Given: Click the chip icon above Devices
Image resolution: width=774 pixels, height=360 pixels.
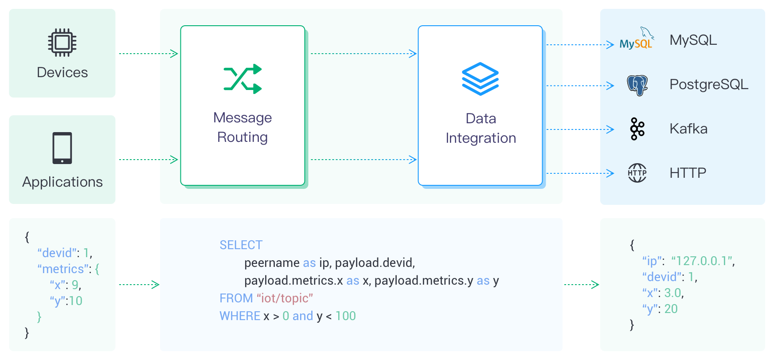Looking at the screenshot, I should tap(62, 43).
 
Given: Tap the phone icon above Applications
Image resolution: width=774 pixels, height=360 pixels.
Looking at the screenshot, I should tap(62, 148).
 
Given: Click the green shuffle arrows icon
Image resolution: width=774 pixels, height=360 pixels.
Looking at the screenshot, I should tap(242, 79).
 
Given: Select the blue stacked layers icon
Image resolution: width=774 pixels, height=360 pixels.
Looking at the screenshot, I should tap(480, 79).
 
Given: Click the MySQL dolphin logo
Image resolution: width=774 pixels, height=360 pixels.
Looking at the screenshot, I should tap(637, 39).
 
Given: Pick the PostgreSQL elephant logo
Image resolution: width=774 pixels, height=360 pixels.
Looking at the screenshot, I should tap(637, 85).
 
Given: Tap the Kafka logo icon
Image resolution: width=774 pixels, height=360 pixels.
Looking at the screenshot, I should tap(637, 129).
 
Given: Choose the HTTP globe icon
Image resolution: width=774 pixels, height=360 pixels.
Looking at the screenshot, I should tap(637, 173).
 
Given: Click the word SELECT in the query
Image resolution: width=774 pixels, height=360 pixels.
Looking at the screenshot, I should tap(241, 245).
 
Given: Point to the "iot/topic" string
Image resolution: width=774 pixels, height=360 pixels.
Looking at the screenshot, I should tap(285, 298).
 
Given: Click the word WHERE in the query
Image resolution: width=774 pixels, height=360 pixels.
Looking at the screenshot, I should tap(240, 316).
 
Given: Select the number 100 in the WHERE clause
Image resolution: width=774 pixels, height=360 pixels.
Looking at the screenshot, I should tap(345, 316).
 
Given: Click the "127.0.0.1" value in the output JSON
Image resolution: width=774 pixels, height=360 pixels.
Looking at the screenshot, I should tap(703, 261).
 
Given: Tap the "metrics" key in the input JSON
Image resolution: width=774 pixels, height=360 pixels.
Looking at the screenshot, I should tap(63, 269).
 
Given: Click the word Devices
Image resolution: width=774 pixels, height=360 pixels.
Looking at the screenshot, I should tap(62, 73).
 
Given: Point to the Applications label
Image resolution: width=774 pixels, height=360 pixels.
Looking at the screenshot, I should tap(62, 182).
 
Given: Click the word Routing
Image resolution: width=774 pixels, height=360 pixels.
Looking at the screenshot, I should tap(242, 137).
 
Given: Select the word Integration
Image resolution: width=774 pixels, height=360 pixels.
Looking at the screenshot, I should tap(481, 138).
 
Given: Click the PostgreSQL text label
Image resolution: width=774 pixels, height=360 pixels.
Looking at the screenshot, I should tap(708, 84).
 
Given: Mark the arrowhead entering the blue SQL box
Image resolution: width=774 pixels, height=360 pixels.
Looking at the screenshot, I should tap(156, 285).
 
